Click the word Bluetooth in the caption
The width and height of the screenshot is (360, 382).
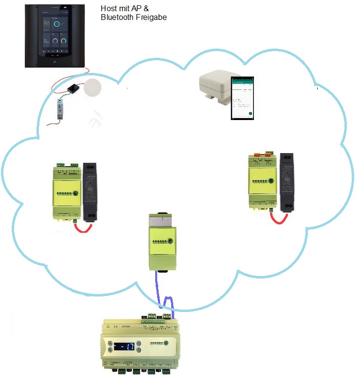tap(117, 18)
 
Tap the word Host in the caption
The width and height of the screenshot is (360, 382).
tap(108, 8)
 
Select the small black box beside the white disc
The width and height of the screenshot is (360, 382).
tap(73, 88)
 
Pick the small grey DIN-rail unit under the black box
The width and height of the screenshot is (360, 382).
tap(61, 108)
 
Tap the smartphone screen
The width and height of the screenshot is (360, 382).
tap(242, 98)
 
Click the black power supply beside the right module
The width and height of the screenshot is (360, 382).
tap(287, 183)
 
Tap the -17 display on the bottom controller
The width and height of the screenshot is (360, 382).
tap(126, 347)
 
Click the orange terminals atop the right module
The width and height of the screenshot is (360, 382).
tap(265, 154)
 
